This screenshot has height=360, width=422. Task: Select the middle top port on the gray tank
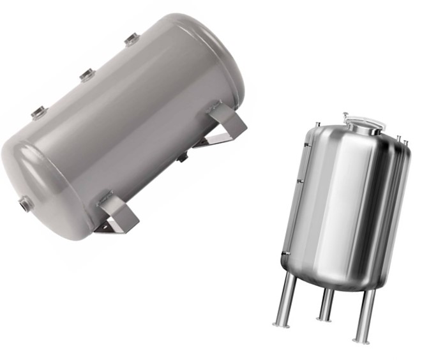87,75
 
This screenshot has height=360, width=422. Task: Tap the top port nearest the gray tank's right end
132,40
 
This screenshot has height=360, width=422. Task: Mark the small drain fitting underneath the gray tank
183,156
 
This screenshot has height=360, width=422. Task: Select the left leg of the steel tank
285,300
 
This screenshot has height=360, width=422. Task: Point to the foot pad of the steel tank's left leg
280,325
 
